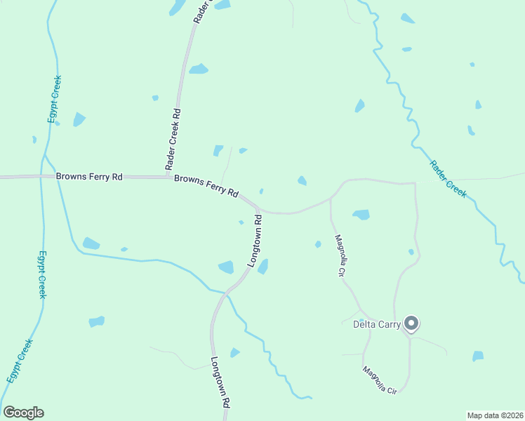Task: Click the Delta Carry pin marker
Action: [412, 323]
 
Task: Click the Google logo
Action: [23, 413]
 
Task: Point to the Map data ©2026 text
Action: [495, 415]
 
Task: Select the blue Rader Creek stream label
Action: [448, 180]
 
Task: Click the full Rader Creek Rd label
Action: [173, 140]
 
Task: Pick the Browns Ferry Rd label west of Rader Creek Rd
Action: [89, 178]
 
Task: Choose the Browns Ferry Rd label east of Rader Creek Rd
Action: [206, 186]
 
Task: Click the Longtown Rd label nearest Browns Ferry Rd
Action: [255, 246]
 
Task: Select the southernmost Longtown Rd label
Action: [220, 382]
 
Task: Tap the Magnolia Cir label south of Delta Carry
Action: [380, 380]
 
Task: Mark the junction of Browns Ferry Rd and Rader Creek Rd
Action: [167, 176]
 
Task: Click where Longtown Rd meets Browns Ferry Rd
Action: [258, 208]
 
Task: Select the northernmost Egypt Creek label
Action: [54, 99]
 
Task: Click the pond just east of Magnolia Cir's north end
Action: [361, 214]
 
